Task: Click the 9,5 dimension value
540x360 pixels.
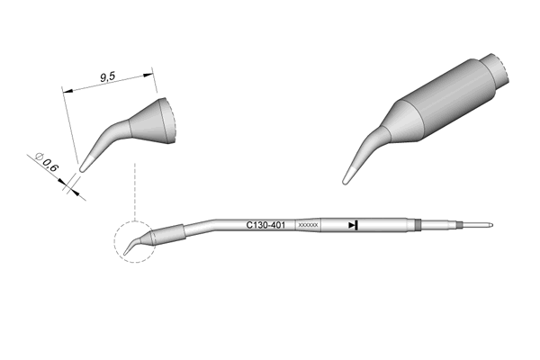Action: click(107, 76)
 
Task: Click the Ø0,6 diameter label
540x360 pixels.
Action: click(47, 163)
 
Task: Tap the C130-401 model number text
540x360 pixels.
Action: click(265, 225)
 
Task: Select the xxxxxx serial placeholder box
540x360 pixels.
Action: click(308, 225)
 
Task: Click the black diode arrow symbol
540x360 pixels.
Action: click(353, 225)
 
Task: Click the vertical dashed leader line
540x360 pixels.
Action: click(135, 192)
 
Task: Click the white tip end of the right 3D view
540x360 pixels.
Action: click(348, 176)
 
